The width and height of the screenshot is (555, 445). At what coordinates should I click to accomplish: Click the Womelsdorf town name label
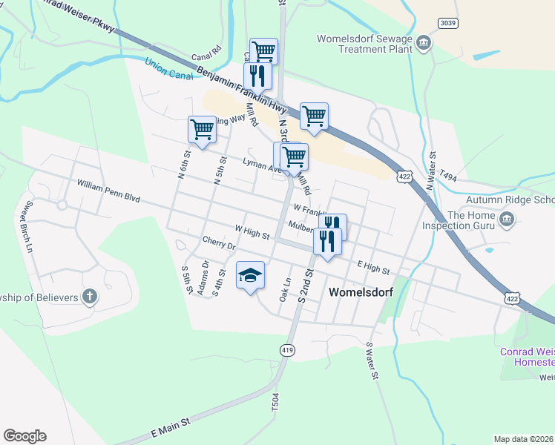360,292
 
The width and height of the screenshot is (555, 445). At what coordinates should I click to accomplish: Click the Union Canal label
168,70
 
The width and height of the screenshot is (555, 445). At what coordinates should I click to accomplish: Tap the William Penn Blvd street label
108,191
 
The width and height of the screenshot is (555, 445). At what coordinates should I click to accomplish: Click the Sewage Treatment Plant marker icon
424,42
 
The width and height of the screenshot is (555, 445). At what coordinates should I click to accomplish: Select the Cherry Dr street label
218,243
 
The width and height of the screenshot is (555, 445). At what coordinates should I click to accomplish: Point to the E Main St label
171,430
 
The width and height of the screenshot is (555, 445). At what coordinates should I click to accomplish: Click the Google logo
24,436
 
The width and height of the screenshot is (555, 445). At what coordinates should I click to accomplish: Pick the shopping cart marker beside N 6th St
202,129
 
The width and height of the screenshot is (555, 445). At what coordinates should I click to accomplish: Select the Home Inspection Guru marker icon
508,218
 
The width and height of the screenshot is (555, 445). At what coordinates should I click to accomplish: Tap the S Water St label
372,360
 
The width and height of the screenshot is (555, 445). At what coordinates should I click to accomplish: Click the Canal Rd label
206,55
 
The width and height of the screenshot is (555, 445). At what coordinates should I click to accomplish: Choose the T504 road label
275,402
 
